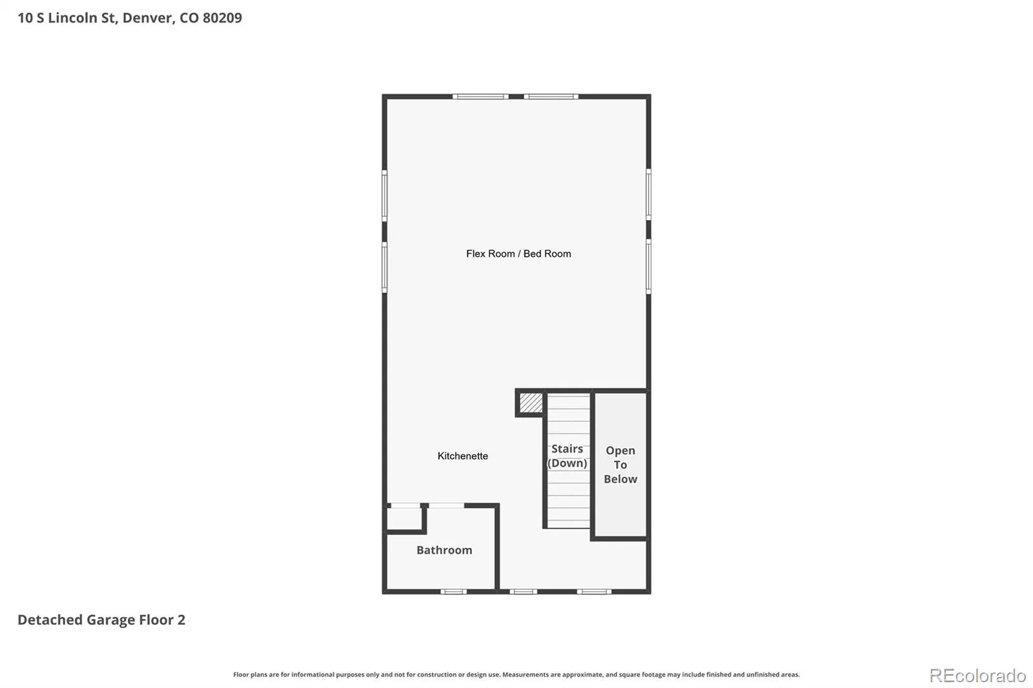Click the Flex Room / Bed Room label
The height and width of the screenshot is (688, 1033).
coord(518,254)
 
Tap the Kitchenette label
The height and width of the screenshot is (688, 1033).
coord(462,456)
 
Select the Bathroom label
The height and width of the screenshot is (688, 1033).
coord(444,550)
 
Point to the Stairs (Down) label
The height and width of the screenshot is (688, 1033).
coord(568,456)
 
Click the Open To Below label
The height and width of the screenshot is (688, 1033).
coord(620,465)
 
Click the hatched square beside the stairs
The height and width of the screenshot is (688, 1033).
coord(531,403)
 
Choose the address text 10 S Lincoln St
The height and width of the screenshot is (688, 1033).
coord(67,18)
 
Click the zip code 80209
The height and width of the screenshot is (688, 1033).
coord(222,18)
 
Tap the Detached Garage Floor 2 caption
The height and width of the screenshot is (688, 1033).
coord(101,620)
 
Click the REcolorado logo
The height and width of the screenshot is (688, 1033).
coord(977,676)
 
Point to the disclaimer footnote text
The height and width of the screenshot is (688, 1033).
coord(516,674)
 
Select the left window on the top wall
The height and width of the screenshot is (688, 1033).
coord(480,97)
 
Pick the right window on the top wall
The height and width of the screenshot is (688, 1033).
coord(551,97)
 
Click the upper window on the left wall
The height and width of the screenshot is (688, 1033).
coord(385,196)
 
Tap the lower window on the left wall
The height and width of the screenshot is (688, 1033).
coord(385,267)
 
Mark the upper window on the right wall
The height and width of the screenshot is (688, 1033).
coord(648,194)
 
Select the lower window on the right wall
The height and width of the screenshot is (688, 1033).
coord(648,267)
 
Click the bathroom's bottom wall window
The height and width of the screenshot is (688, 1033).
coord(454,592)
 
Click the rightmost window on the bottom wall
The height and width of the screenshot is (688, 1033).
coord(595,592)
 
